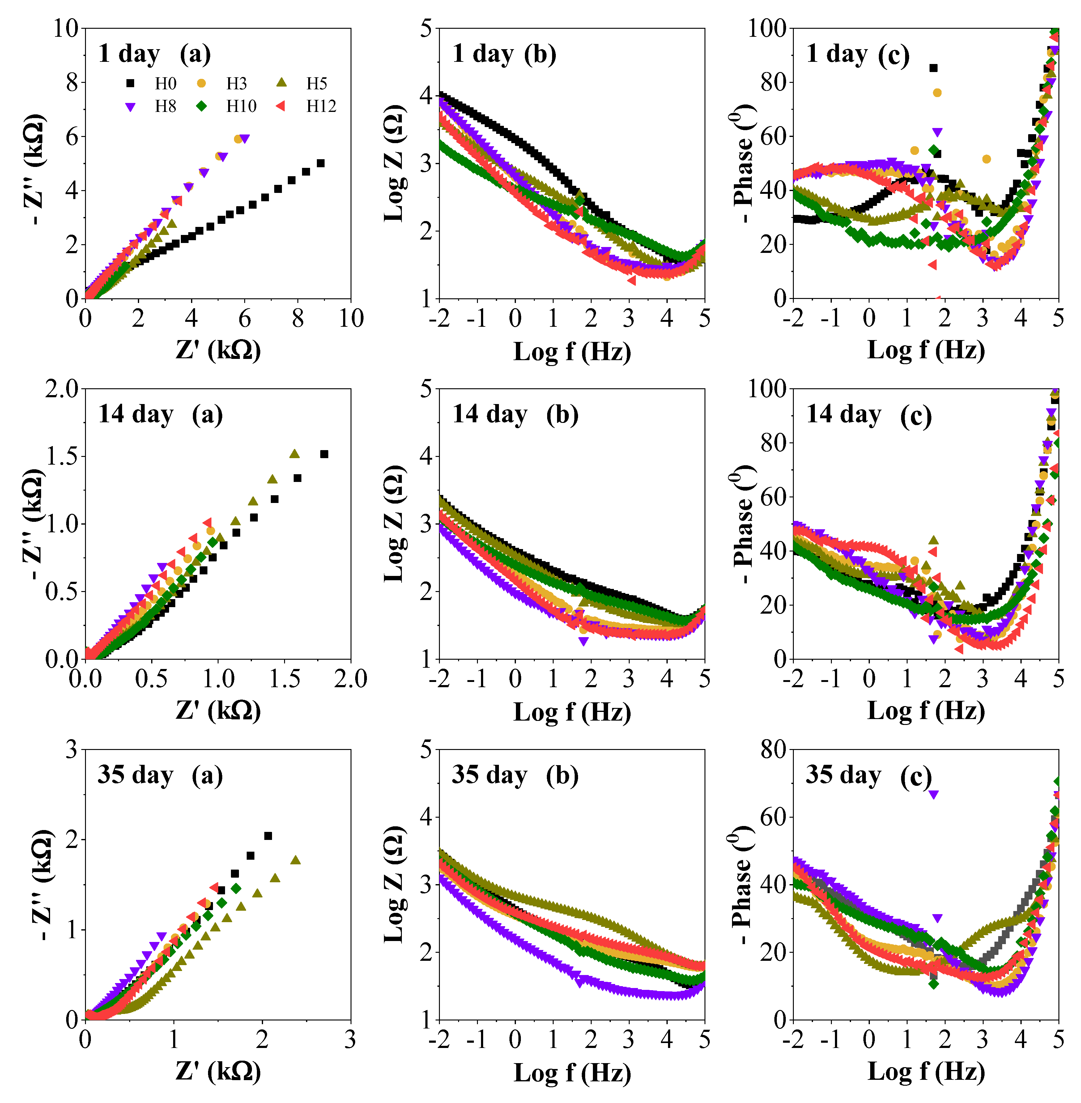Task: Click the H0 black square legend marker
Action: coord(130,83)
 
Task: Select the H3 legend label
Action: coord(236,83)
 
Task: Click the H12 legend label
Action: coord(321,106)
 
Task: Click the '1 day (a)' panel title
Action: coord(155,54)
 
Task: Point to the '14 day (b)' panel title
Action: coord(515,415)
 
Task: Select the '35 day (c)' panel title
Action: coord(869,775)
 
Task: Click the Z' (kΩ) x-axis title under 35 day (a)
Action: coord(218,1071)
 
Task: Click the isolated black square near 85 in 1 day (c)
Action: coord(933,68)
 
